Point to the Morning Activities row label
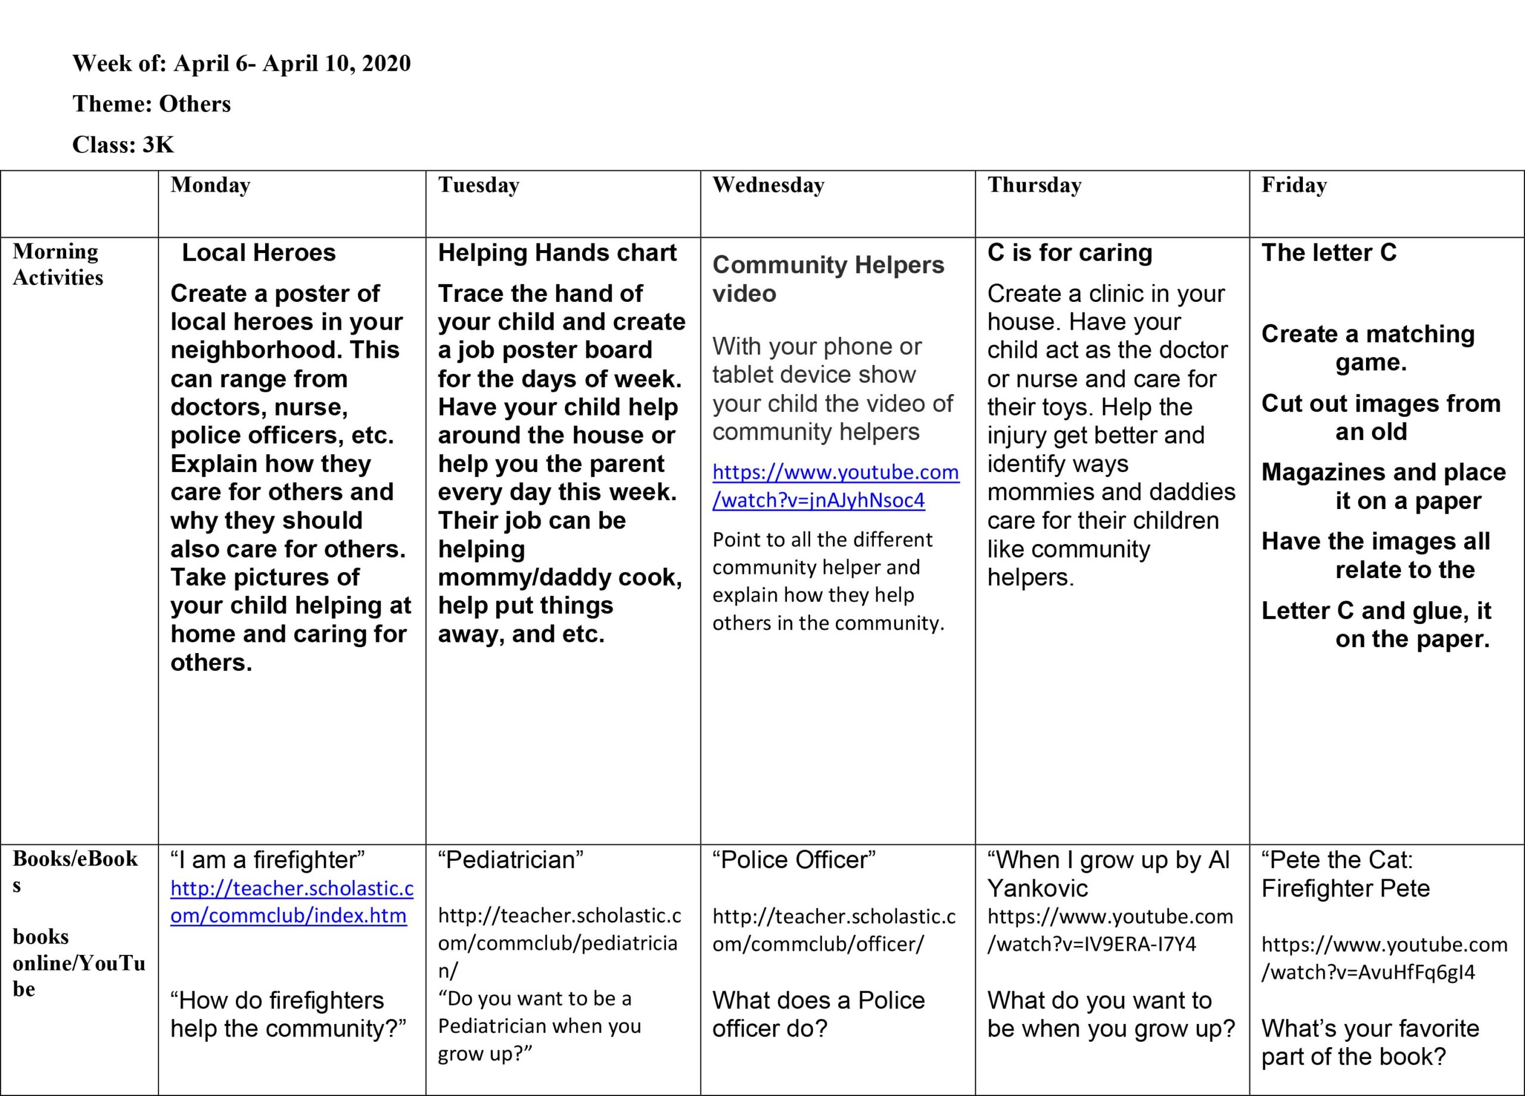pyautogui.click(x=58, y=264)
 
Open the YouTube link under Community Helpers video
pyautogui.click(x=835, y=486)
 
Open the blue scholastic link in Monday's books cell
pyautogui.click(x=291, y=902)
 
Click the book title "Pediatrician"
pyautogui.click(x=511, y=860)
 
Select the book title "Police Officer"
pyautogui.click(x=794, y=860)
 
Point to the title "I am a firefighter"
pyautogui.click(x=267, y=860)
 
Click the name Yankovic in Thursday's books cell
pyautogui.click(x=1037, y=888)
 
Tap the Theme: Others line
pyautogui.click(x=151, y=104)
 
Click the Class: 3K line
pyautogui.click(x=123, y=145)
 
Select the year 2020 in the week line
pyautogui.click(x=386, y=63)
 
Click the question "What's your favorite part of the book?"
pyautogui.click(x=1370, y=1042)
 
